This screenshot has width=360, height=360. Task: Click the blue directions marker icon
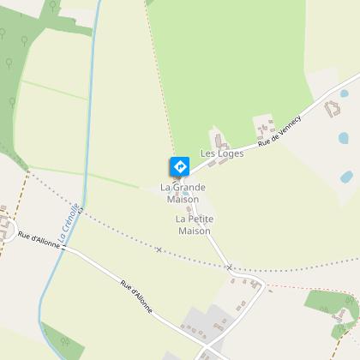[180, 165]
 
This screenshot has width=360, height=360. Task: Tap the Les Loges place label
[222, 154]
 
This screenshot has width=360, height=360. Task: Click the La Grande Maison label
[182, 193]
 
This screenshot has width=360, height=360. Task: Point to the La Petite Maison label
[195, 225]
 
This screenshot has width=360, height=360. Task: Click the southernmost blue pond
[346, 177]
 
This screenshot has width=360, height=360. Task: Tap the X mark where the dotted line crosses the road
[230, 267]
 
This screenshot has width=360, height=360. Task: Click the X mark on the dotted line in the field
[159, 249]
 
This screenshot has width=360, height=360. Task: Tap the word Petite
[195, 219]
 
